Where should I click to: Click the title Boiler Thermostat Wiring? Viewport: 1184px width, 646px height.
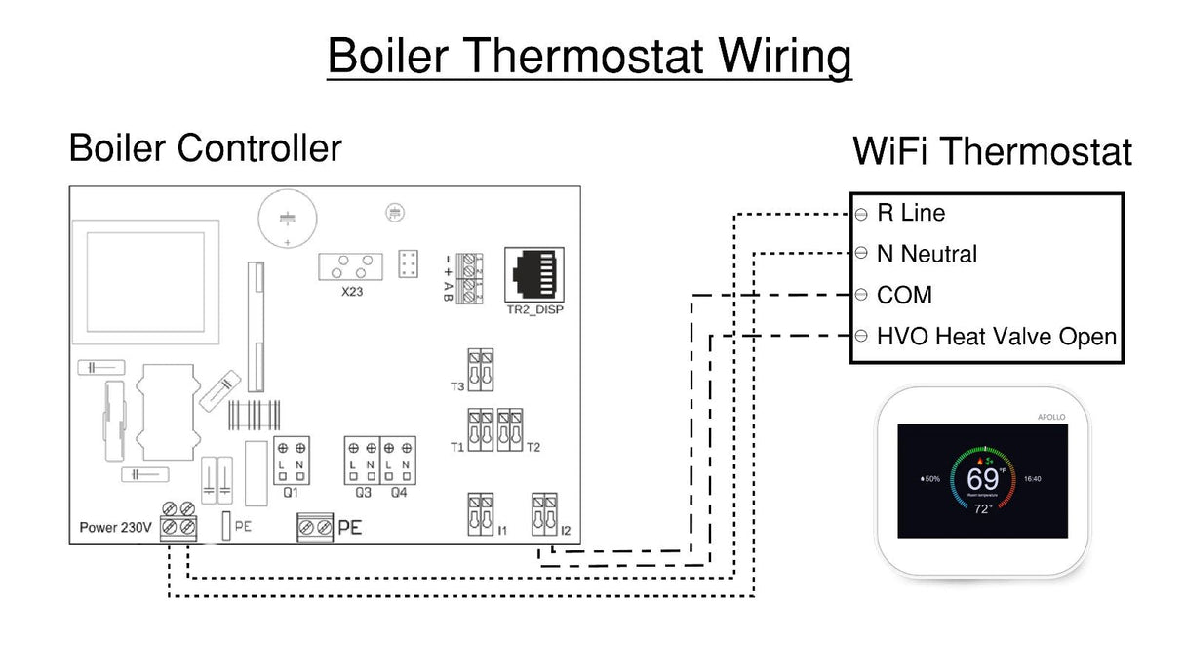[589, 58]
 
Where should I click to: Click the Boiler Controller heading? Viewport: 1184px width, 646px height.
[205, 148]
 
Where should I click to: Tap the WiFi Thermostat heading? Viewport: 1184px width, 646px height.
[992, 152]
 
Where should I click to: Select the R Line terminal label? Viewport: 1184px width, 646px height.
[910, 213]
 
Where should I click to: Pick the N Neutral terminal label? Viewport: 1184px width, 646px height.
[926, 254]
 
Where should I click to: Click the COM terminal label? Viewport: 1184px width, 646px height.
[904, 295]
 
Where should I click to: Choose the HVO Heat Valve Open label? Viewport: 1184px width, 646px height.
[996, 337]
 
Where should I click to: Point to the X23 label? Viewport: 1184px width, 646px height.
[352, 291]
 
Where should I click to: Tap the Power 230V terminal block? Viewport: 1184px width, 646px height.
[178, 518]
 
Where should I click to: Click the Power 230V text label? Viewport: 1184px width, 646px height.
[115, 528]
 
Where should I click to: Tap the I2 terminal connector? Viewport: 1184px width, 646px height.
[544, 513]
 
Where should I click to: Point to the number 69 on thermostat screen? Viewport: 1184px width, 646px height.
[982, 479]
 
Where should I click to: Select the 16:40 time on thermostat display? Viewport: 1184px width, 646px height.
[1033, 479]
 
